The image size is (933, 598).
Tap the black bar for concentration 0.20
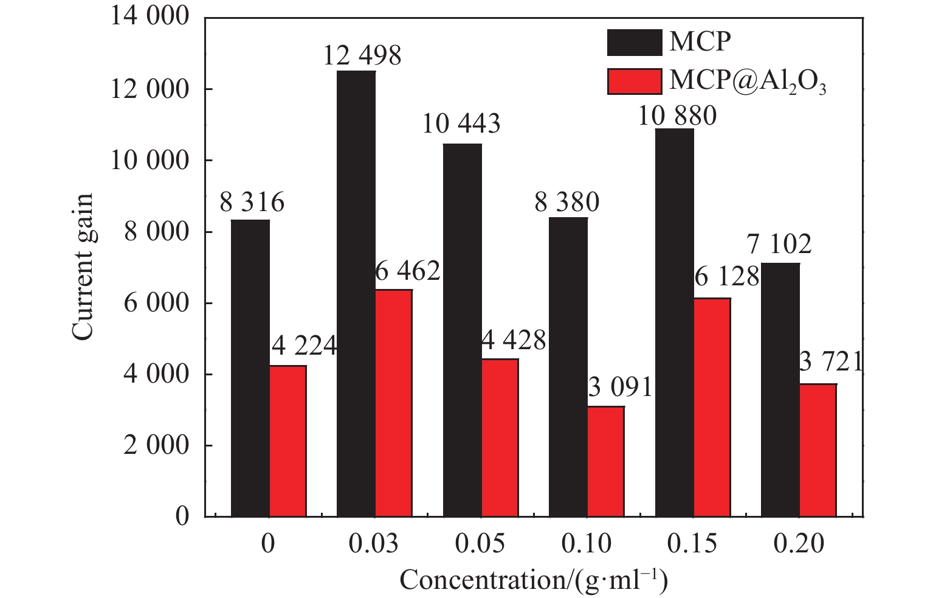(780, 389)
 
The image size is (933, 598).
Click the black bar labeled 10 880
(675, 322)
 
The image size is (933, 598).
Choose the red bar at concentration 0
(288, 440)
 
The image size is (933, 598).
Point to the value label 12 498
(362, 56)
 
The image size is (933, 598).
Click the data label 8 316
(252, 203)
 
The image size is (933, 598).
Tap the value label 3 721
(831, 363)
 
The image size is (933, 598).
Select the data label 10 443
(461, 124)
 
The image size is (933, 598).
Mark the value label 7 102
(779, 245)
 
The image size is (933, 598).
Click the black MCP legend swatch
(634, 43)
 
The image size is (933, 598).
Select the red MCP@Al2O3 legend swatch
(634, 81)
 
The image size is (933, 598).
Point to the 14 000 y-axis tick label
(150, 17)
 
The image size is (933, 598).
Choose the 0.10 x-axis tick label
(586, 543)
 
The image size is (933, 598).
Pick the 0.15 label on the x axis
(692, 543)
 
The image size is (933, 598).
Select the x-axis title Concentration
(534, 580)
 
